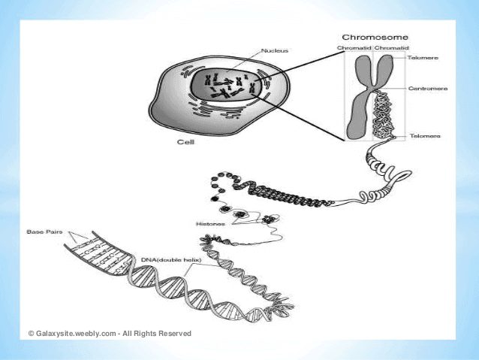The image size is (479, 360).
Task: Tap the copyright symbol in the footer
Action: point(32,333)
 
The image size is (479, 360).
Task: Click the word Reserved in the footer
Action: point(174,333)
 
